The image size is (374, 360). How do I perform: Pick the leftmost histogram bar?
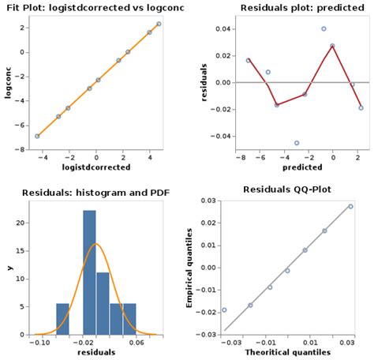point(62,318)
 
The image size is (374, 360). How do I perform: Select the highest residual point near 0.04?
point(324,28)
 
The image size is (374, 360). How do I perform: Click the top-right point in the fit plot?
point(159,24)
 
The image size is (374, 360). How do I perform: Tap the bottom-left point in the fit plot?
point(37,136)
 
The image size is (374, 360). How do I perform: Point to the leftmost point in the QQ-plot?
point(224,309)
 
